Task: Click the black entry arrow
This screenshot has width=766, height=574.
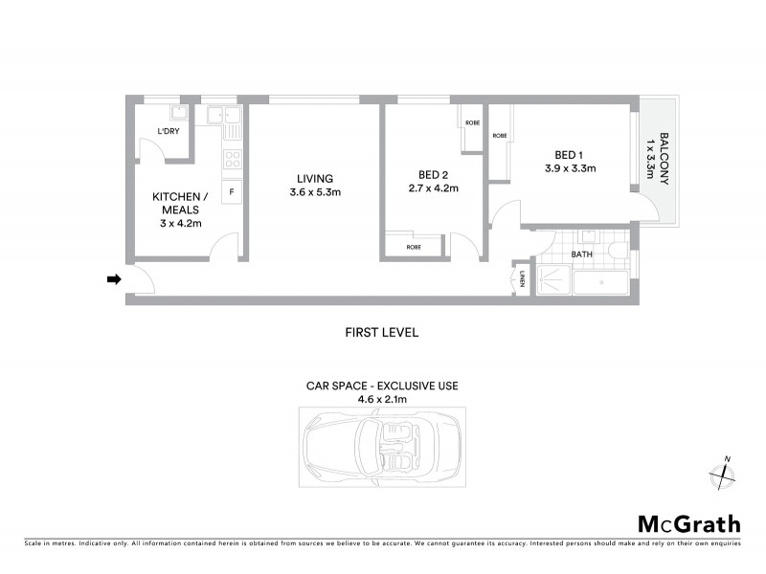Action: pos(113,279)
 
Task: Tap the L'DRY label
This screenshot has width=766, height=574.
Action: pos(170,132)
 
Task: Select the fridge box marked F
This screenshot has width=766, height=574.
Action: pos(232,192)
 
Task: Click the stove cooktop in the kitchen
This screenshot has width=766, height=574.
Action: pos(232,160)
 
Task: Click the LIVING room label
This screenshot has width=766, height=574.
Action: pos(314,179)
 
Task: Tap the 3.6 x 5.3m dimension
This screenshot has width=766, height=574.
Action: pos(315,193)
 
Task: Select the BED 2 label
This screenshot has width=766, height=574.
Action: pos(434,174)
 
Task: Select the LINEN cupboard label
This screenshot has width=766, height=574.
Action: pos(523,279)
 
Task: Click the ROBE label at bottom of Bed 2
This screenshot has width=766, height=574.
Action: pos(414,248)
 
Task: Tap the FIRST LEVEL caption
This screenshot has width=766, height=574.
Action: pos(382,333)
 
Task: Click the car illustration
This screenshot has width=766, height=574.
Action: pos(382,445)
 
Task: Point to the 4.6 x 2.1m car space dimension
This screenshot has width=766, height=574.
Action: pos(382,400)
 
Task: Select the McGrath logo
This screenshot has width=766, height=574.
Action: pos(688,523)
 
